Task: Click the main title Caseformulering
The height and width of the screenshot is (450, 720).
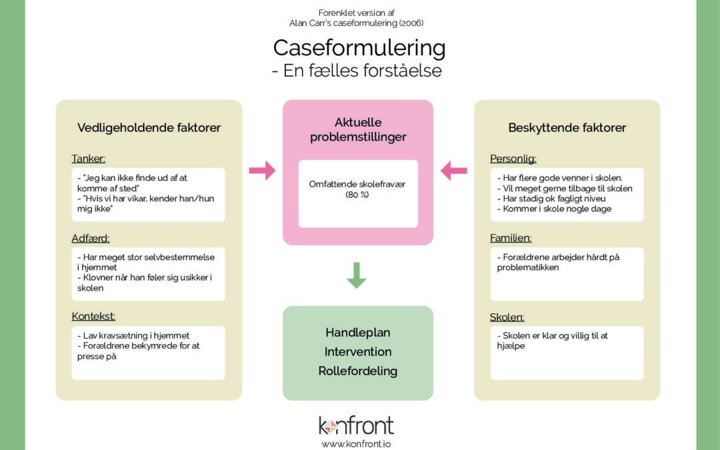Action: [x=359, y=49]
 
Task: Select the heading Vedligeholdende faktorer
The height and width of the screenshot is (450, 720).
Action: [x=149, y=127]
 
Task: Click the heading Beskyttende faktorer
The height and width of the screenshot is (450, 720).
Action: [x=567, y=127]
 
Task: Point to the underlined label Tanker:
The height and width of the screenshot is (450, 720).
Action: [x=88, y=159]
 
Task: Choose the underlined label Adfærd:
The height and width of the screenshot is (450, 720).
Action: [x=91, y=238]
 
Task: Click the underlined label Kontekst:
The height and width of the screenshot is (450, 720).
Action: [x=93, y=317]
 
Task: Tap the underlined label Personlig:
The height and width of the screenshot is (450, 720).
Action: [x=513, y=159]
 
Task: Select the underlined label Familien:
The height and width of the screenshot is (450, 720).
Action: [x=511, y=238]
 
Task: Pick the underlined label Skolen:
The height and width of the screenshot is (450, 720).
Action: [x=507, y=317]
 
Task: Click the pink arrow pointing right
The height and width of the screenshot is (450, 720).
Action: [x=262, y=171]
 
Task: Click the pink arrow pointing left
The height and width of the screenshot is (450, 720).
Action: [x=454, y=171]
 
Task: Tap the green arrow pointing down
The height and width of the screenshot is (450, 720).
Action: [x=356, y=275]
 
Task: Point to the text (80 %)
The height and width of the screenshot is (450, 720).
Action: [x=357, y=195]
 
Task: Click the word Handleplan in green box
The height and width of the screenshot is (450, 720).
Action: [x=358, y=333]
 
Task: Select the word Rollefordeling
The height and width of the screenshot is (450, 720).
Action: [x=358, y=371]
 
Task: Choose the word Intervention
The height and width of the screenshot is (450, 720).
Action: [x=358, y=352]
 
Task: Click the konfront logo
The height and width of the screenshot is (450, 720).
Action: [x=356, y=425]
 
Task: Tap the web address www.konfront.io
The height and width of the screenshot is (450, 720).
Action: [x=356, y=444]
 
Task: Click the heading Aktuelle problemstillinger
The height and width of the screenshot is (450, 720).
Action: [x=358, y=129]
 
